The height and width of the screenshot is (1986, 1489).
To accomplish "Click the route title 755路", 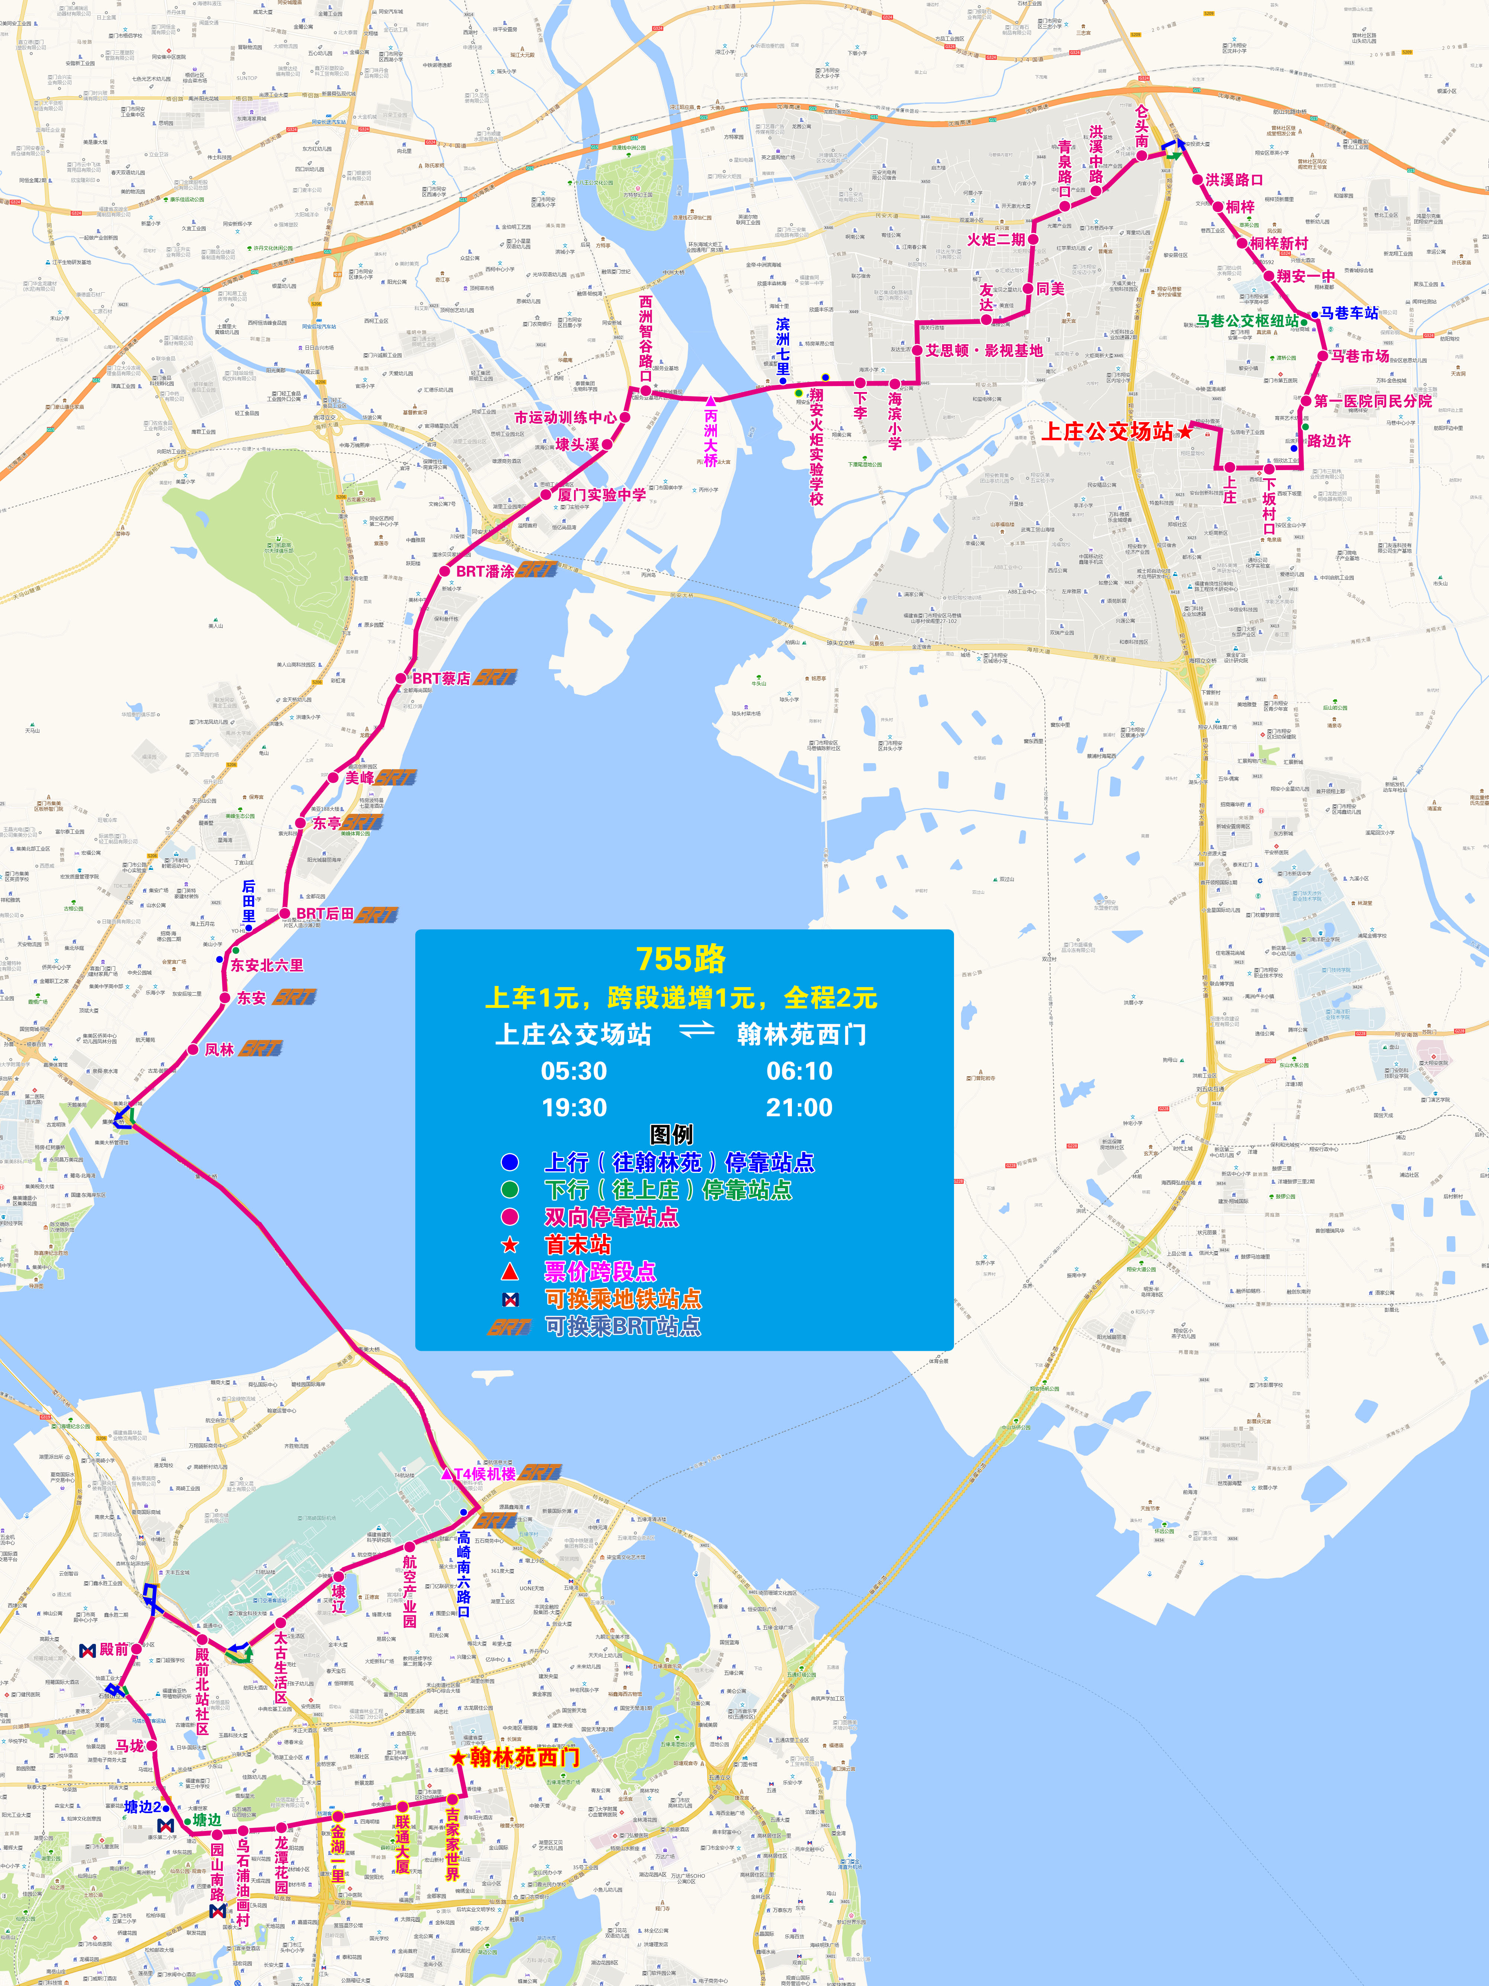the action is (x=680, y=959).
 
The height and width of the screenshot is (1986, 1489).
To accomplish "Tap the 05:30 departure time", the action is (x=574, y=1071).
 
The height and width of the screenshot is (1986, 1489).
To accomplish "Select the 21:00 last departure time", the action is (x=799, y=1108).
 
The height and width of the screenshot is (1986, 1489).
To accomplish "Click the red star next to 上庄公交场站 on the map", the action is (x=1185, y=432).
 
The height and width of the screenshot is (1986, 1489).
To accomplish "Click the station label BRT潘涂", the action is (x=485, y=571).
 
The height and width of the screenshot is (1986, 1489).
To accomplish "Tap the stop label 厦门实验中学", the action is (x=601, y=495).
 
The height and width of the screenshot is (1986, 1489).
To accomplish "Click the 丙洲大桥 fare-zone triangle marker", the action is (x=711, y=401).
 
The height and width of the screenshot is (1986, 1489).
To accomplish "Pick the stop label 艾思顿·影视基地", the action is (x=984, y=350).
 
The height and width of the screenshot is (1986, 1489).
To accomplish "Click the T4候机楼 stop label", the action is (x=485, y=1474).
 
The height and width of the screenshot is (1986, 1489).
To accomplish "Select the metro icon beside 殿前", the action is (x=87, y=1650).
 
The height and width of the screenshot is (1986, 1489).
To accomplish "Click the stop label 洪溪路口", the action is (x=1234, y=180).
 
